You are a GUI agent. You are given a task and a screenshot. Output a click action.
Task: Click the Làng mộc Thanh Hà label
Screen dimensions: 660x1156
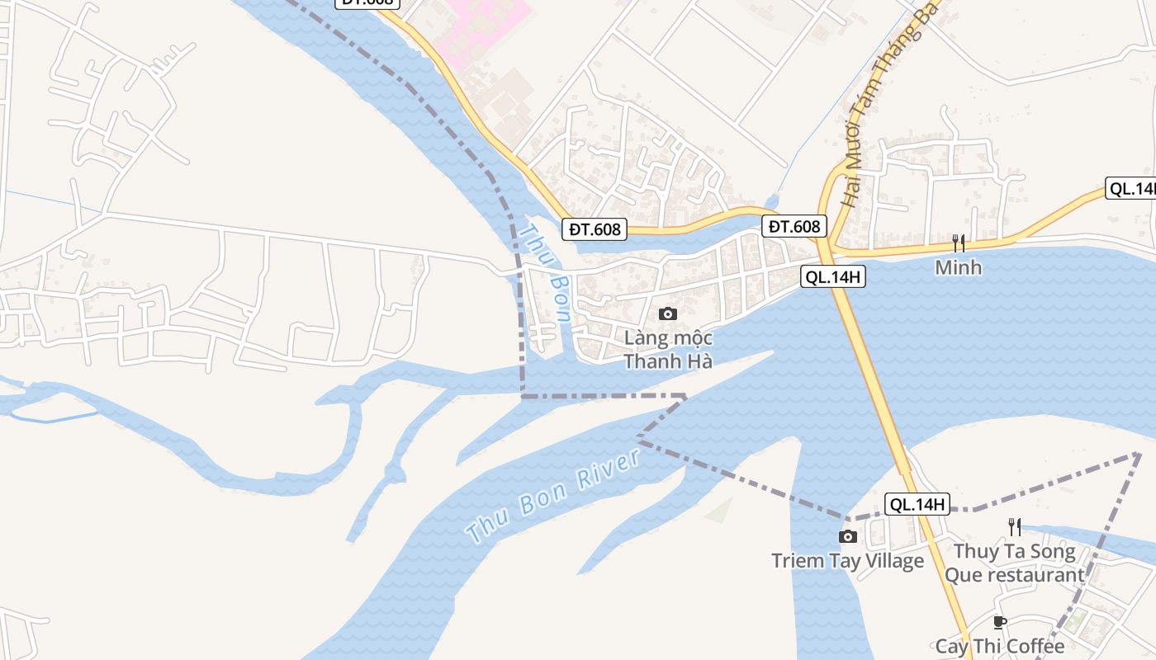668,350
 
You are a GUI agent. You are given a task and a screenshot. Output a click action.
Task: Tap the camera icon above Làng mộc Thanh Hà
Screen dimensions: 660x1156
668,313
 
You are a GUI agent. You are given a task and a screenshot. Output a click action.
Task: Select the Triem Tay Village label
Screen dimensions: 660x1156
847,561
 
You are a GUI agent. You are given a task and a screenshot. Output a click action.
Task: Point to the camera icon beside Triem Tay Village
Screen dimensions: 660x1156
847,537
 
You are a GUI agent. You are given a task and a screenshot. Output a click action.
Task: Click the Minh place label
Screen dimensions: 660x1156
959,267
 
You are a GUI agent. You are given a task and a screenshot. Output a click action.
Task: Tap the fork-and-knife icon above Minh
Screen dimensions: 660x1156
959,243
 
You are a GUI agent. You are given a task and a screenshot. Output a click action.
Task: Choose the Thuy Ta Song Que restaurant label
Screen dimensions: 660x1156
1015,563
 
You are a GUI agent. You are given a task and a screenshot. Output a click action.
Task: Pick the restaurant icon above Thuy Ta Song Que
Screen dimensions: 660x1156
1015,526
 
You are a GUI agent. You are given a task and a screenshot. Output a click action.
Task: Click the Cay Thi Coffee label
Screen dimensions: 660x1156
1000,647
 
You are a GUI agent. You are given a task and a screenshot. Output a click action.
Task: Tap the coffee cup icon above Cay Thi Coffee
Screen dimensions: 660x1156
1000,622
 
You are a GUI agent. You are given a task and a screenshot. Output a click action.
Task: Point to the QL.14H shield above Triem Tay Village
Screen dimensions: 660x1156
917,503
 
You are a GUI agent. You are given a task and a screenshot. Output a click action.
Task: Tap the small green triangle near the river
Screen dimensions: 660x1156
720,511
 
